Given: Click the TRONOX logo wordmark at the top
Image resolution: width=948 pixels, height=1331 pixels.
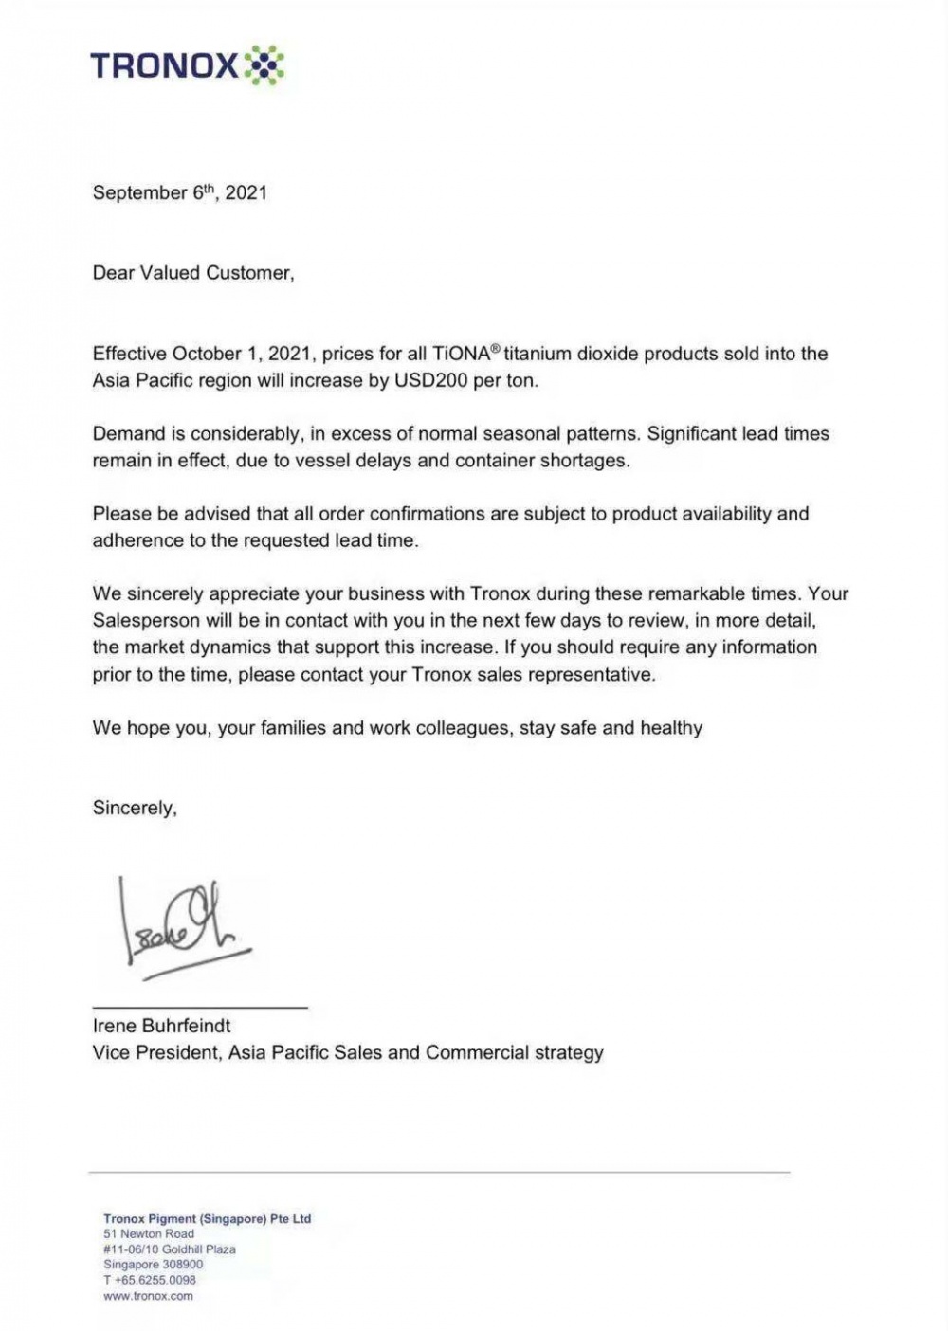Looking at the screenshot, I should click(x=164, y=65).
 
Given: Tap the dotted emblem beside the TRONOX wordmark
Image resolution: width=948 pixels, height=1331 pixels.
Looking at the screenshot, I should click(x=264, y=65).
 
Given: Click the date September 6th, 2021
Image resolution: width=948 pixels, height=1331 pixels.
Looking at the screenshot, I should click(x=180, y=192).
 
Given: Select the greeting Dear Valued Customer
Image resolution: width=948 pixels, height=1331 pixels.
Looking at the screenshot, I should click(x=193, y=273).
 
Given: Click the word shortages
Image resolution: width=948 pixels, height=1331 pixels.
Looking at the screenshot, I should click(x=585, y=461).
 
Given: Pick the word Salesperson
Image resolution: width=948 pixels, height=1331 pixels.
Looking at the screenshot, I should click(x=146, y=621).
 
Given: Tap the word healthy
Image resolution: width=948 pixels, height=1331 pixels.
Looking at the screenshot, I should click(x=671, y=728).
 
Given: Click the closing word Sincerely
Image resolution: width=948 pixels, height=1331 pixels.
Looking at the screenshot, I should click(x=134, y=809).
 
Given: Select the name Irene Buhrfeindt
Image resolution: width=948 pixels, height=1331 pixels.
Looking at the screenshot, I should click(x=162, y=1026).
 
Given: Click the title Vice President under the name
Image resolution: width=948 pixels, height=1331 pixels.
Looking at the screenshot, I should click(x=156, y=1052).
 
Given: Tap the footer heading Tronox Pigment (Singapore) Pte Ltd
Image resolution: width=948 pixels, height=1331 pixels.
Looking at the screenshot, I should click(x=208, y=1219).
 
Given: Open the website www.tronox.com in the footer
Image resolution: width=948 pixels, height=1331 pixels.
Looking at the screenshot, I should click(x=148, y=1296).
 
